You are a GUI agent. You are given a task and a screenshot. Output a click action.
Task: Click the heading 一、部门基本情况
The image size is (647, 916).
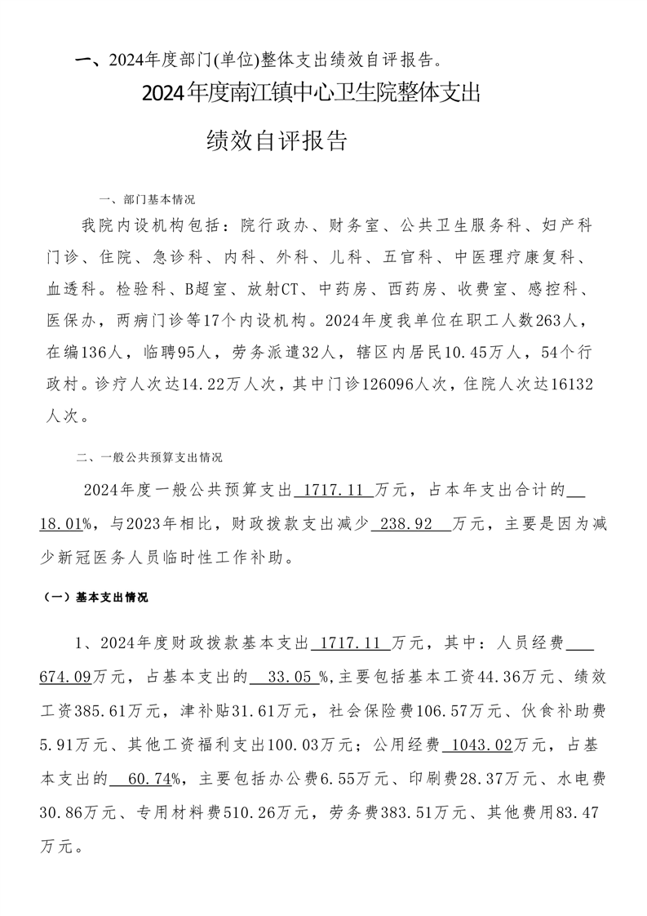point(146,199)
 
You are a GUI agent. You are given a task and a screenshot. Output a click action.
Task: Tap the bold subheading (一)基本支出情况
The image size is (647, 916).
point(95,598)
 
